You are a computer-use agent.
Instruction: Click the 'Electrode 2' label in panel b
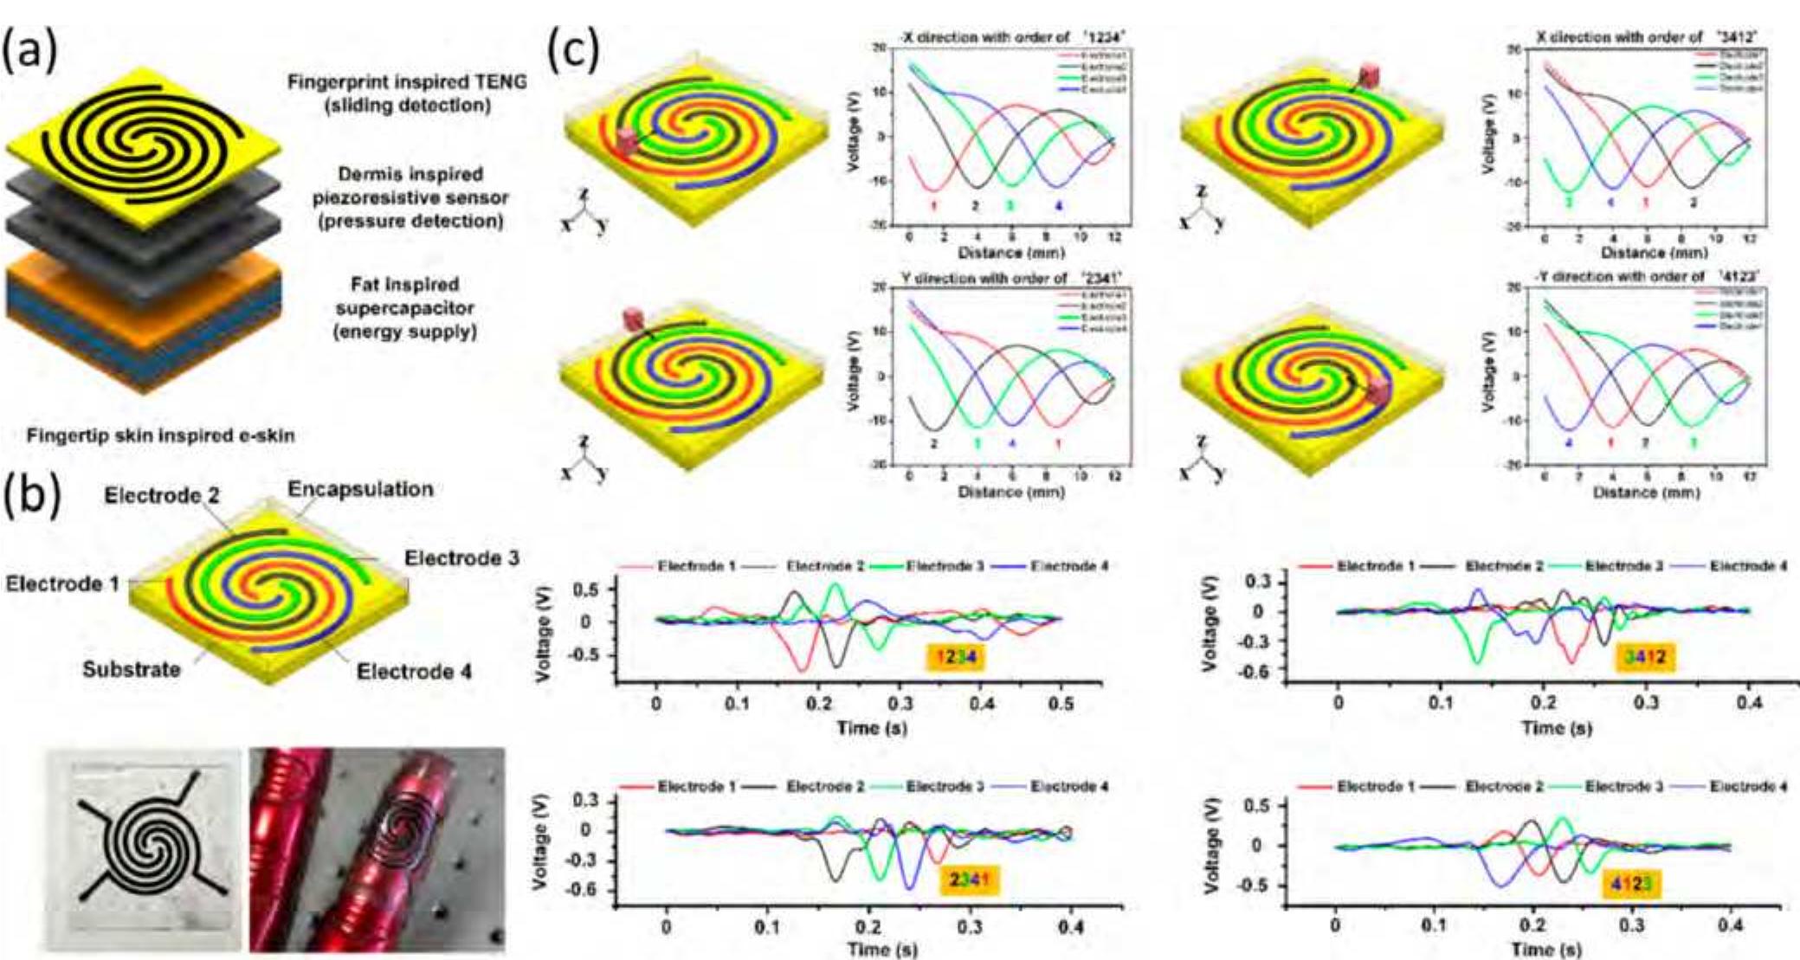pos(162,495)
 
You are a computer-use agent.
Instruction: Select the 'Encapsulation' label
pos(360,489)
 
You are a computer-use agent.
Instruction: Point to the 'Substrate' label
pos(132,669)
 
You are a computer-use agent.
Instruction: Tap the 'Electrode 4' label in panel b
pos(414,671)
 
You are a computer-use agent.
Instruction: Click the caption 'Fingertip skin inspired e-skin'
pos(160,435)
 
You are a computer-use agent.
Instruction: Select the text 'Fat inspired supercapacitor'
pos(405,307)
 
